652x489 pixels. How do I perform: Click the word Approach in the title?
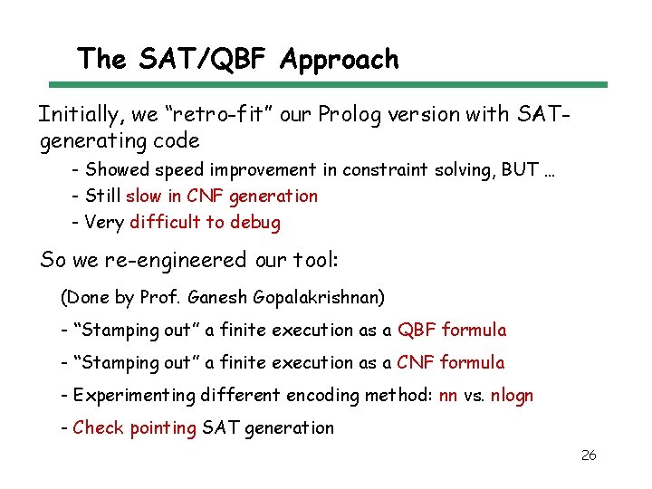340,60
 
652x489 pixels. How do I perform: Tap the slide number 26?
588,455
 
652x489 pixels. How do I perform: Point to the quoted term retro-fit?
203,114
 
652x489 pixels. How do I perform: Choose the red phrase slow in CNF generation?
222,196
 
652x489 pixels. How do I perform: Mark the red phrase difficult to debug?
205,222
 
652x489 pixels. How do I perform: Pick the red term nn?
447,395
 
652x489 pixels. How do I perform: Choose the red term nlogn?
512,395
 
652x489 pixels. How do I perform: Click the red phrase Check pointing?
134,427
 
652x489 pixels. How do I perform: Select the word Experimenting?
135,395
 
